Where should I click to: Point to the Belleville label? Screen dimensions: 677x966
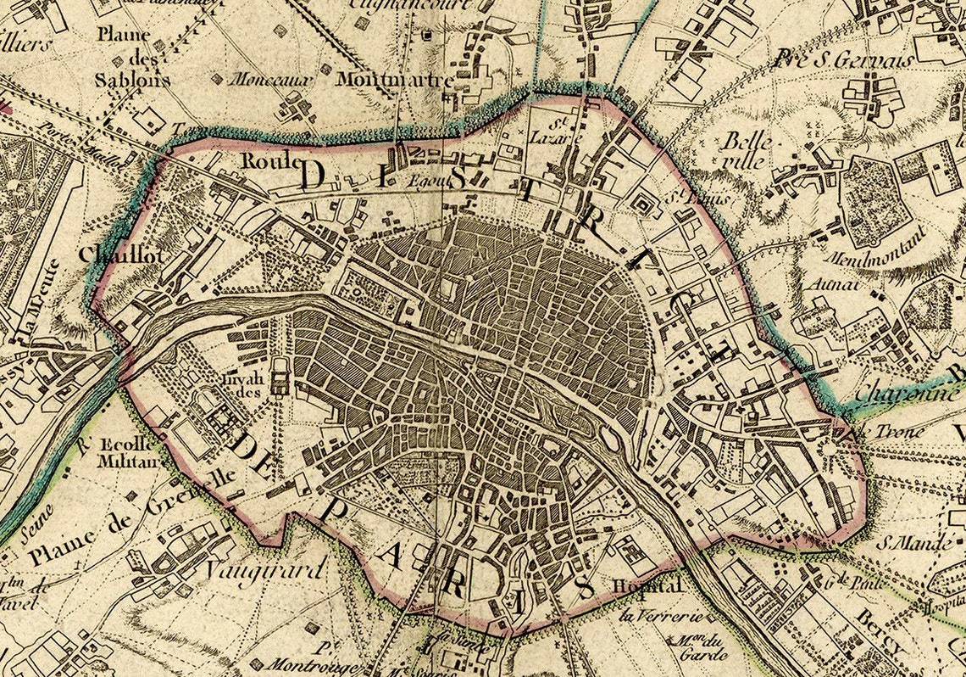pyautogui.click(x=745, y=150)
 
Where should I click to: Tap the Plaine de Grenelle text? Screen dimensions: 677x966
pyautogui.click(x=136, y=517)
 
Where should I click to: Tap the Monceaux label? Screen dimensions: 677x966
pyautogui.click(x=263, y=79)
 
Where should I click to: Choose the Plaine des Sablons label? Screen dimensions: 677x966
pyautogui.click(x=132, y=58)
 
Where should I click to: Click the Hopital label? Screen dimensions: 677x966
pyautogui.click(x=647, y=586)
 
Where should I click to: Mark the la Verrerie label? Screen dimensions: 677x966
pyautogui.click(x=651, y=616)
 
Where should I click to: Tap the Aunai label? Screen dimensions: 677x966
pyautogui.click(x=827, y=284)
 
